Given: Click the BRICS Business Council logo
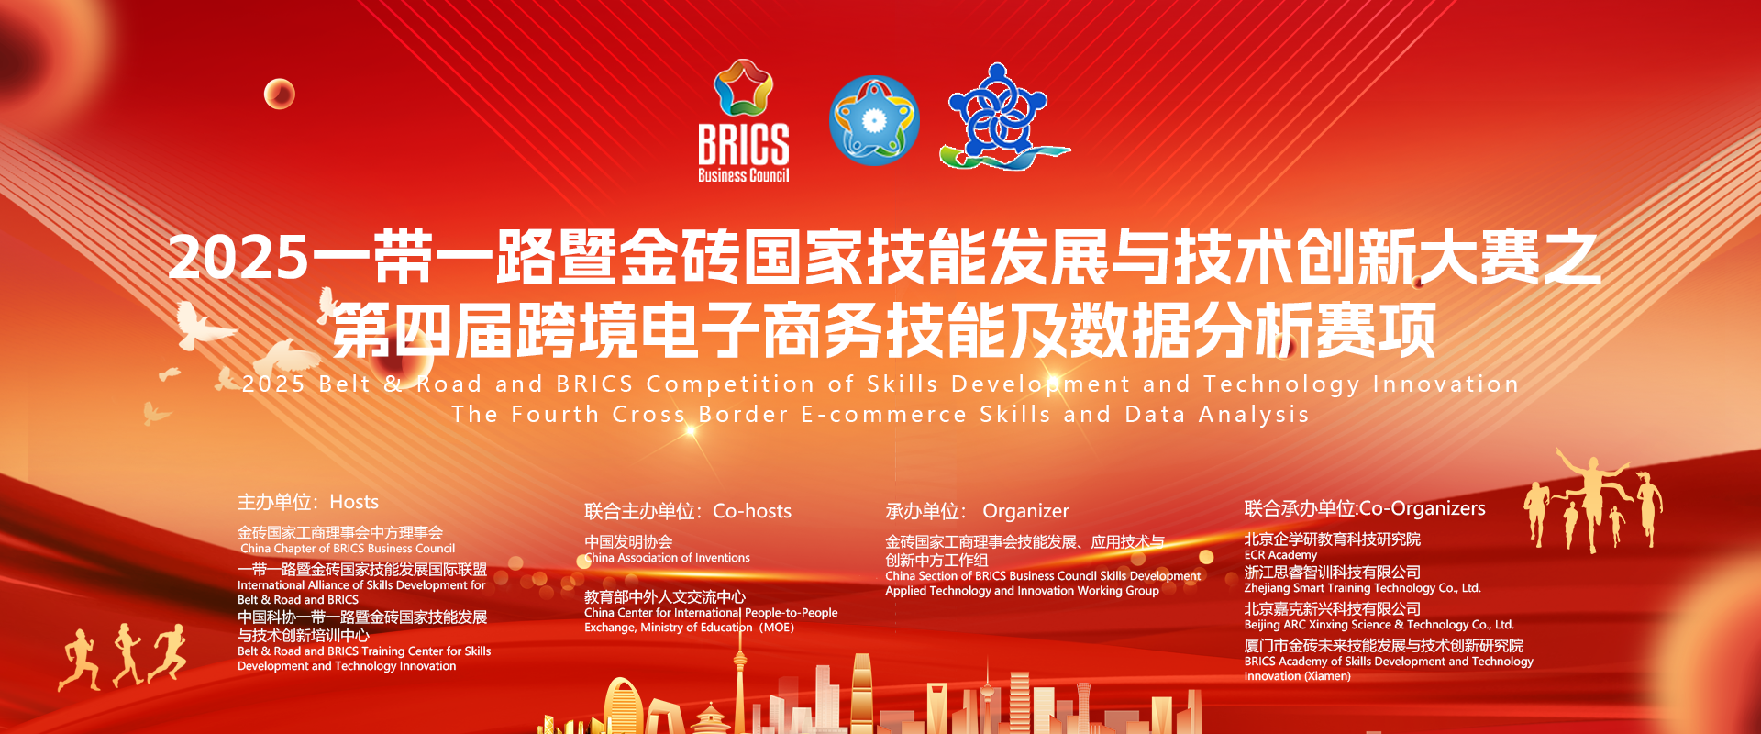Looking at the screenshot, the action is point(744,121).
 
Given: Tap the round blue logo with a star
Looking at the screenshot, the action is point(874,120).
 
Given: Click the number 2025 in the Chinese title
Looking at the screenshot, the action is point(238,257).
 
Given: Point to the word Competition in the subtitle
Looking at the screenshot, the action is point(730,384).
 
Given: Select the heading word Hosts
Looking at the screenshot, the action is point(354,502).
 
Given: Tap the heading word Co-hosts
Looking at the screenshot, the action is point(752,511).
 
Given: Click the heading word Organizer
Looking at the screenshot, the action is point(1025,511).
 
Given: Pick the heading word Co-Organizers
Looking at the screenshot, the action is point(1423,508).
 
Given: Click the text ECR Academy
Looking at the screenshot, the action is point(1280,555).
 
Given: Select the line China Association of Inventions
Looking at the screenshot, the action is point(668,558).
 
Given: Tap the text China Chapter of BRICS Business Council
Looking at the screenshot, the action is point(348,549).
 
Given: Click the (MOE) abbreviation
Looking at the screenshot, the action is point(777,628).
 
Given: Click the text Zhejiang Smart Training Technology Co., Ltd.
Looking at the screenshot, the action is point(1362,588).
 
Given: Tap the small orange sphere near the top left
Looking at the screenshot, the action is point(280,94).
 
